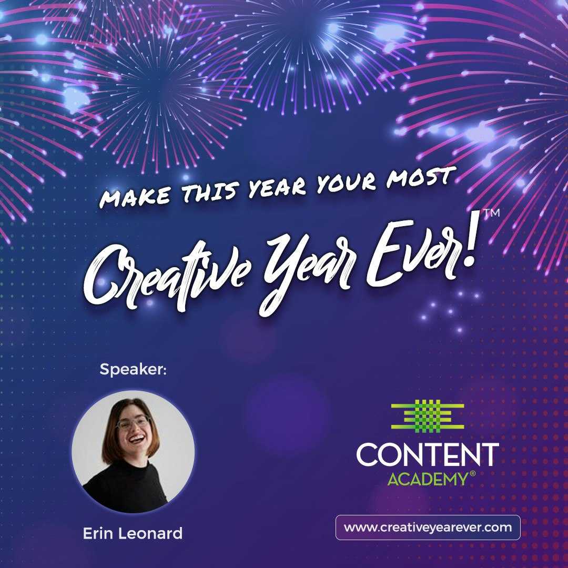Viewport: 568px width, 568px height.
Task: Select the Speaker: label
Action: [133, 370]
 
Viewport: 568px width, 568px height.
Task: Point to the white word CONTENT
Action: [428, 454]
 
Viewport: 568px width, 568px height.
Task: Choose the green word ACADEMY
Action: [427, 479]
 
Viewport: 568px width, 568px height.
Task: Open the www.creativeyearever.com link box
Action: [428, 528]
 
